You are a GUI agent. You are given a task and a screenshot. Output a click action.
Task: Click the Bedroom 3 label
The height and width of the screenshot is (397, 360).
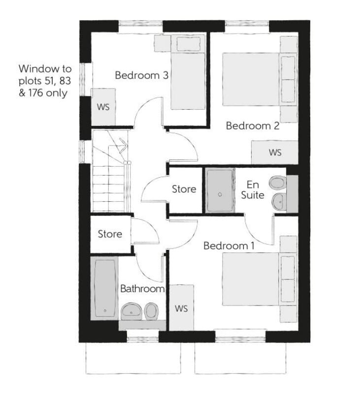[142, 75]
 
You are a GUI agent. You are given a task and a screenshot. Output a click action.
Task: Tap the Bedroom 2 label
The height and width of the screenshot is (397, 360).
[253, 126]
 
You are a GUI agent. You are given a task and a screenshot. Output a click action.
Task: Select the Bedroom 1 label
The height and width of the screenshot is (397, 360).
[229, 246]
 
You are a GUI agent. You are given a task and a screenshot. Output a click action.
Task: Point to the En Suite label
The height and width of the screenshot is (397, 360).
[253, 190]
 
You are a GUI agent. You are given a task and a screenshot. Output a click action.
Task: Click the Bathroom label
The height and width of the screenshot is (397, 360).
[142, 289]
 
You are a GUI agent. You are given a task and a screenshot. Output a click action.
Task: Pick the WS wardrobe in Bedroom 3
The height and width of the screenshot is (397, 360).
[103, 107]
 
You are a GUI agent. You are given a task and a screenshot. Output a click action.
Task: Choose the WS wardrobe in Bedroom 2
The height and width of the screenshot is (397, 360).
[275, 153]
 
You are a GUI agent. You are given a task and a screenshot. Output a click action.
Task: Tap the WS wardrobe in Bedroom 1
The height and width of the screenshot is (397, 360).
[181, 307]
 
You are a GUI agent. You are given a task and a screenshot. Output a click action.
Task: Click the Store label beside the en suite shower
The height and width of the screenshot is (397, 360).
[184, 189]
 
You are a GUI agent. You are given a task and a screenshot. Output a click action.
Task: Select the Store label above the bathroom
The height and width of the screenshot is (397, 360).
[110, 234]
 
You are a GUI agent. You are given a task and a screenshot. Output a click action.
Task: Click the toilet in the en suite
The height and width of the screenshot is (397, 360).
[278, 183]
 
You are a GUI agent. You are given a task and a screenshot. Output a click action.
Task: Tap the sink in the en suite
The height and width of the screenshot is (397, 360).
[279, 202]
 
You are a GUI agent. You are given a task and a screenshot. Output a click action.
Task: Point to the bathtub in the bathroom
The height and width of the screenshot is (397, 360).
[104, 288]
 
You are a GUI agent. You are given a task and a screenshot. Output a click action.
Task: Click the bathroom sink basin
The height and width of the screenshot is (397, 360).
[131, 311]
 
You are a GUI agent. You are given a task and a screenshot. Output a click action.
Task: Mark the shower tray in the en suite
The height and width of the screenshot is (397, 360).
[220, 190]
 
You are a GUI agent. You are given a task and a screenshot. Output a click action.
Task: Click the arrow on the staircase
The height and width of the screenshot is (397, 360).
[123, 145]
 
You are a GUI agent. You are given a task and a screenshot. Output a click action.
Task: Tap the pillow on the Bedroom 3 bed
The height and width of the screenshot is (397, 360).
[188, 44]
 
